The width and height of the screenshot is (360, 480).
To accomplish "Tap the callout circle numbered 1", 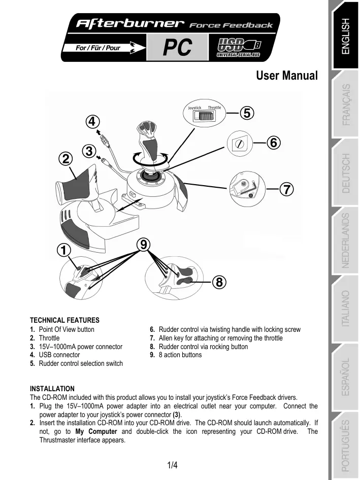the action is coord(64,250).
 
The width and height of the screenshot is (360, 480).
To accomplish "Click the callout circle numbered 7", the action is coord(286,189).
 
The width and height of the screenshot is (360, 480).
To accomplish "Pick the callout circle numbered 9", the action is coord(144,245).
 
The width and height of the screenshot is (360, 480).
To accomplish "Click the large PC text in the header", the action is coord(178,49).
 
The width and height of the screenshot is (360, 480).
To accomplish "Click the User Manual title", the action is coord(287,76).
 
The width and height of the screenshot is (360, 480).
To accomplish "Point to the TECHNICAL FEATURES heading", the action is coord(64,320).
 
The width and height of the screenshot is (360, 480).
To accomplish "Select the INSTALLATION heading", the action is coord(52,389).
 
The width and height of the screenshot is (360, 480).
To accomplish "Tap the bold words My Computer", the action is coord(96,431).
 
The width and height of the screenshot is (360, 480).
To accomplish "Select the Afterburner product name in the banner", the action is coord(129,24).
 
